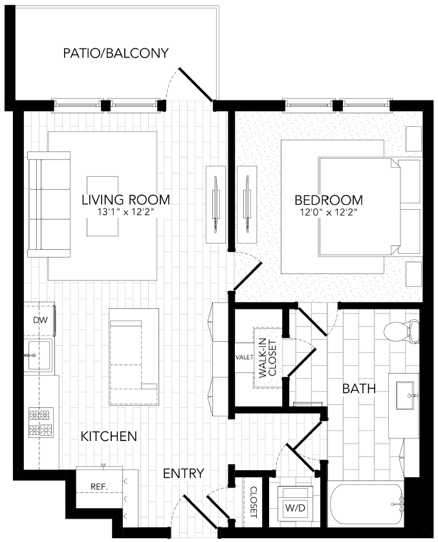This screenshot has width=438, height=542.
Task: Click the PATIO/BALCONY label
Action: (x=116, y=53)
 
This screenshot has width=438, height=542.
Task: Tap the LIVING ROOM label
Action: (x=126, y=200)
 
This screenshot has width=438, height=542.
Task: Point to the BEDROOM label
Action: (x=328, y=200)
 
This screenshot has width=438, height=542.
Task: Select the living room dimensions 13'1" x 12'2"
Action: (x=126, y=212)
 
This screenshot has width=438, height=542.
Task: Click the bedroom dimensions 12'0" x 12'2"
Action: (x=328, y=212)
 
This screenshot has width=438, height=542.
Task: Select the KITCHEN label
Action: (x=109, y=436)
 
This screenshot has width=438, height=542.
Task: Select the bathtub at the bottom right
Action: (x=366, y=509)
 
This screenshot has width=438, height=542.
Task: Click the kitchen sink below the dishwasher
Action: (x=39, y=354)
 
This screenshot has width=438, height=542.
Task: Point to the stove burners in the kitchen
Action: (x=39, y=422)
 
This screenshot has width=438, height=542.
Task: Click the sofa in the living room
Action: (x=49, y=201)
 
